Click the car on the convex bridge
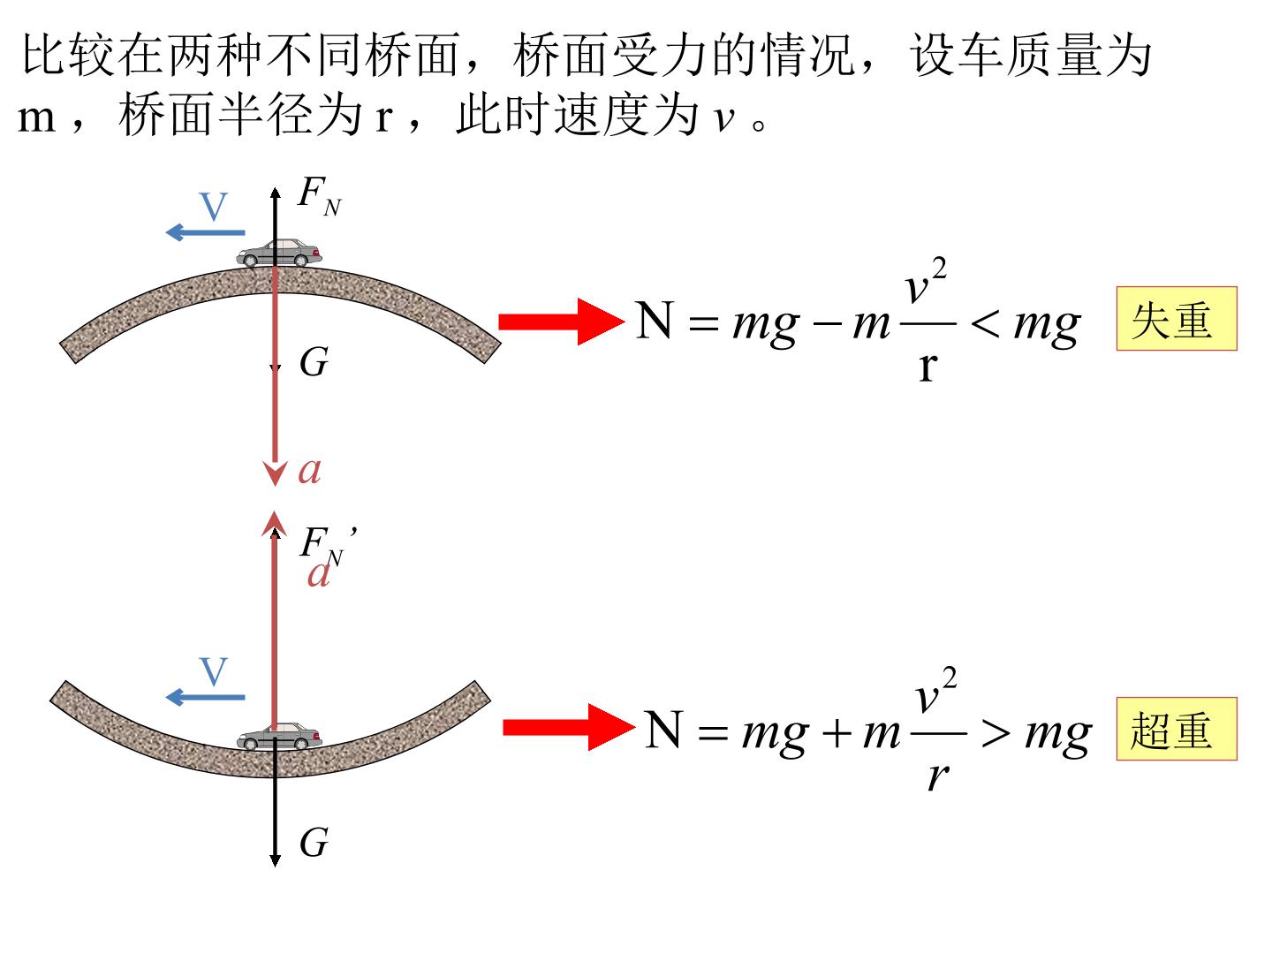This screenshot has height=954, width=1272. tap(279, 254)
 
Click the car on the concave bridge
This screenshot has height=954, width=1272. tap(279, 737)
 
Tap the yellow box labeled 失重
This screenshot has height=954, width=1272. tap(1177, 319)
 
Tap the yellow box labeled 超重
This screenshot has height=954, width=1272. tap(1177, 729)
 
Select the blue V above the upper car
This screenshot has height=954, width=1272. tap(213, 206)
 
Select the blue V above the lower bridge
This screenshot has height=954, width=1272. tap(213, 671)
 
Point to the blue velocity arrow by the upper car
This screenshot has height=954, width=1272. tap(205, 233)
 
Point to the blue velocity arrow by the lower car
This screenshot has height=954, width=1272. tap(205, 698)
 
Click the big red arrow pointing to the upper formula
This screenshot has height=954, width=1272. tap(562, 322)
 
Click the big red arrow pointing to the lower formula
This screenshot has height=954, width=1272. tap(569, 728)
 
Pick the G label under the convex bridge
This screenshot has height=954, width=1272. tap(314, 362)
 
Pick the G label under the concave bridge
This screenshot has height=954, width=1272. tap(314, 842)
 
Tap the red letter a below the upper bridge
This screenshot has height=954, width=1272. tap(309, 470)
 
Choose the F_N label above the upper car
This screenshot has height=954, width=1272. tap(319, 196)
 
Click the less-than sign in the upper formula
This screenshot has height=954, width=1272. tap(985, 323)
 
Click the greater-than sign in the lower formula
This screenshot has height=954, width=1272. tap(996, 733)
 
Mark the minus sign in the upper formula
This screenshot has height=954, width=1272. tap(828, 323)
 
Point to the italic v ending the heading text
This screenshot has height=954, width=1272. tap(724, 118)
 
